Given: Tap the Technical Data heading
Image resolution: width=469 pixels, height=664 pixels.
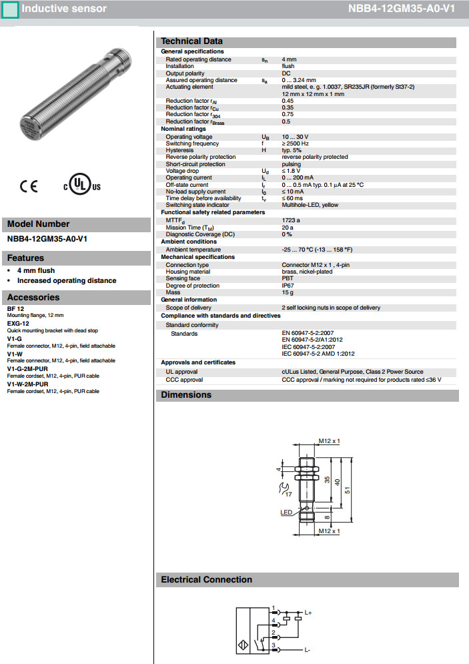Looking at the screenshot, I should [x=191, y=41].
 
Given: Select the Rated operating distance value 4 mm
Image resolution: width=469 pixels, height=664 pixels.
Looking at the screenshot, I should [x=289, y=59].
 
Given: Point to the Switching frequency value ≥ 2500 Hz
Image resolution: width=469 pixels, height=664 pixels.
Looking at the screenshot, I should [x=296, y=143].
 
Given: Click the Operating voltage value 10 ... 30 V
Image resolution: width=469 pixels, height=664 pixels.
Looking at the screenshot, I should [x=295, y=137].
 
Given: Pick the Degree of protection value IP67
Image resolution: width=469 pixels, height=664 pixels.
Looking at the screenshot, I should [x=288, y=286].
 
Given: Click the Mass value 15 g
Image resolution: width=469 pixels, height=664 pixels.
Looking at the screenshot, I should [x=288, y=292].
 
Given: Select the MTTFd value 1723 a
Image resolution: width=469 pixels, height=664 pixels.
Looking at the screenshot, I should [x=291, y=220].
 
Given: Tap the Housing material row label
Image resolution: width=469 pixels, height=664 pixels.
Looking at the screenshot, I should [x=187, y=272].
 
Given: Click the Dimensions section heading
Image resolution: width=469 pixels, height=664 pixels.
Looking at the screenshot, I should [x=186, y=395].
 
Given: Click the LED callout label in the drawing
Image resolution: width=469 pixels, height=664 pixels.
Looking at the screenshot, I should [x=286, y=513].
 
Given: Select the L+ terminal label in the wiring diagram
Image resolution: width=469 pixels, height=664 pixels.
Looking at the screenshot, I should [x=308, y=612].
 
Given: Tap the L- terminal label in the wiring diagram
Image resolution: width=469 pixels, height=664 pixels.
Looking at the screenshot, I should [x=308, y=649].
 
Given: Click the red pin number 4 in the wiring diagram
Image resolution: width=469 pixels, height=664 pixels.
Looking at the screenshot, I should [x=274, y=621].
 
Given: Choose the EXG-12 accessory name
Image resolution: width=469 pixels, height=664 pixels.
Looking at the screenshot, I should [x=18, y=323].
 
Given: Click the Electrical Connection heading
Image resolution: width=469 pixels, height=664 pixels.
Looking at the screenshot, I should [x=206, y=580].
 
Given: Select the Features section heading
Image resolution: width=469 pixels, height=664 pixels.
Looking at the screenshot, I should [x=26, y=258].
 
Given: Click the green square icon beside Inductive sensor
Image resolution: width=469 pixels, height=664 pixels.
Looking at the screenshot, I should [x=10, y=11].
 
